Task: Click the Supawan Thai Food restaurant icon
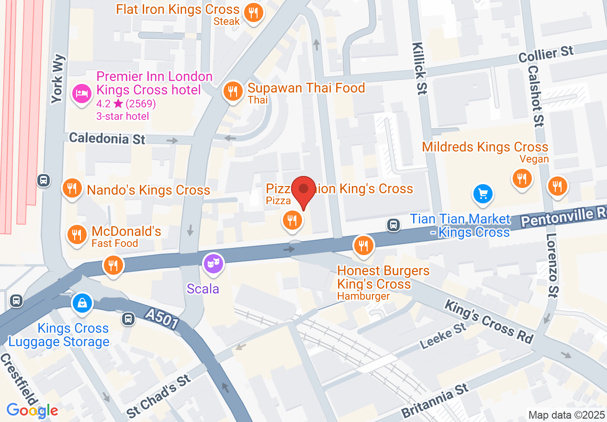233,90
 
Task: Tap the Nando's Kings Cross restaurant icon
72,188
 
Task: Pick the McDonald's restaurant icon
76,234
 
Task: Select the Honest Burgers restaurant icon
363,245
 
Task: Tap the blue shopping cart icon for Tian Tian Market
483,194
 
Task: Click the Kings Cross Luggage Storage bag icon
82,303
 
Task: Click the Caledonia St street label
107,139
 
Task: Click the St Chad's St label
159,396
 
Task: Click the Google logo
32,410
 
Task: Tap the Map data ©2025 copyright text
566,415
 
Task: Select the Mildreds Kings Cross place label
484,147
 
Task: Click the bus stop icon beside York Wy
44,180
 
